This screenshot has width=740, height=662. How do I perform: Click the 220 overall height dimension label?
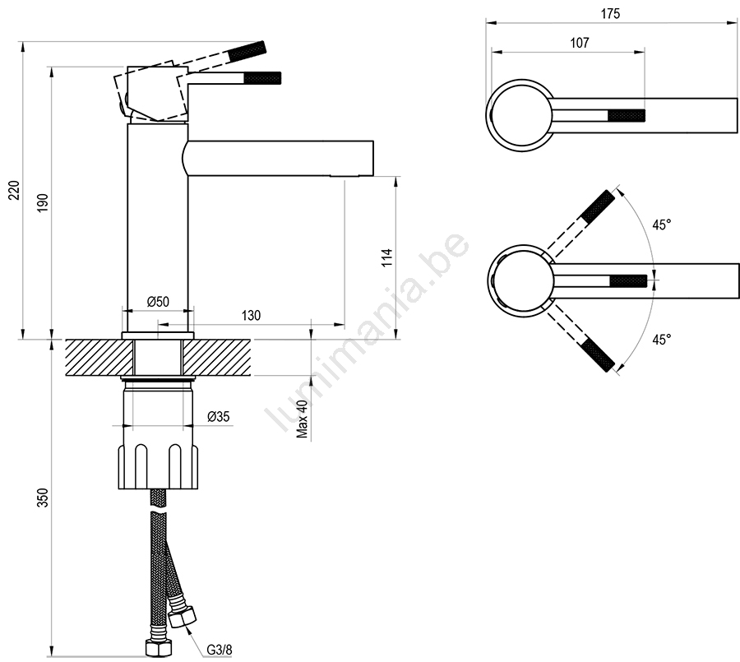[15, 190]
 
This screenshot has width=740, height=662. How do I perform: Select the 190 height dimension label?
[43, 202]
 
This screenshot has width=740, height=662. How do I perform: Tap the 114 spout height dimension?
[387, 257]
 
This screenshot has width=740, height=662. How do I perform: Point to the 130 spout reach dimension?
[251, 316]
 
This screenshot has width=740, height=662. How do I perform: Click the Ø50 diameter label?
[158, 301]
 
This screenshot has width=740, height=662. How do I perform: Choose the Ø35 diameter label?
[219, 416]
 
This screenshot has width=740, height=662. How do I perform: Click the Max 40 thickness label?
[303, 419]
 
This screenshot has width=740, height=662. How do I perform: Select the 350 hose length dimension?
[43, 498]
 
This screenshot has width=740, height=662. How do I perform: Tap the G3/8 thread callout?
[220, 650]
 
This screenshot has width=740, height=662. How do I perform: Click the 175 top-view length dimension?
[610, 14]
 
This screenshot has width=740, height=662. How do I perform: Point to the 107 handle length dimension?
[580, 43]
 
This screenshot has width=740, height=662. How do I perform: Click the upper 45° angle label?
[662, 225]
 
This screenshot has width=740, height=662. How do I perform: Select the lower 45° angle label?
[662, 339]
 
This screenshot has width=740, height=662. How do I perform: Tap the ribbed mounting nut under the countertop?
[158, 466]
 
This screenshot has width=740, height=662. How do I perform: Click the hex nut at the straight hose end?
[158, 648]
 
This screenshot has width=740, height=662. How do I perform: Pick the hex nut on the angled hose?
[183, 617]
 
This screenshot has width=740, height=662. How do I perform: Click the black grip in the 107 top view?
[627, 115]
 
